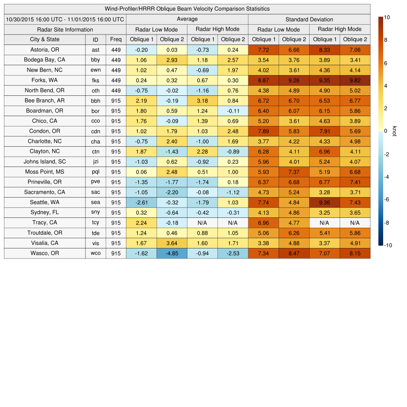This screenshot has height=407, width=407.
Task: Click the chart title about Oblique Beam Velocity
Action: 187,9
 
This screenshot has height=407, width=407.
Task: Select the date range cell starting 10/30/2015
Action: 65,19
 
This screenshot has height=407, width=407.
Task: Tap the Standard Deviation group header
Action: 309,19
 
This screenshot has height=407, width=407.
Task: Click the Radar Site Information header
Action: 65,29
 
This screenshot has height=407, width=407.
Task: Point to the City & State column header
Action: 45,39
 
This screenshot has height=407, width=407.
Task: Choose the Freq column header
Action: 116,39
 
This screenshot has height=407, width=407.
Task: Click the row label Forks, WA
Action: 45,80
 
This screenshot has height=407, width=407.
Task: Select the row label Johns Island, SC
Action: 45,162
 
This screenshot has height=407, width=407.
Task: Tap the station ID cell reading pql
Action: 95,172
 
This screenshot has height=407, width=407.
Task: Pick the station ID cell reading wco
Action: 95,253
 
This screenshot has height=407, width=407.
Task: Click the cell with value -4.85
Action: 172,253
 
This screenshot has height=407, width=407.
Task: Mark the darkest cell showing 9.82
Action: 355,80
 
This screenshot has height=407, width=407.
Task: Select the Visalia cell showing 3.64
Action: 172,243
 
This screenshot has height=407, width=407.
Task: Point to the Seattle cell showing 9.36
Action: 325,202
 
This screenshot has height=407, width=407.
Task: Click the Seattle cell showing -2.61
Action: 141,202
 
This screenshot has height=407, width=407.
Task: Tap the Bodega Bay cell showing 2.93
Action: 172,60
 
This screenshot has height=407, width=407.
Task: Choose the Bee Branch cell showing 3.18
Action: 202,101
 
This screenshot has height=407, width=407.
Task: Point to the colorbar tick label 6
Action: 386,63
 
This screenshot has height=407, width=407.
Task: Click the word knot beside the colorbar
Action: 395,131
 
